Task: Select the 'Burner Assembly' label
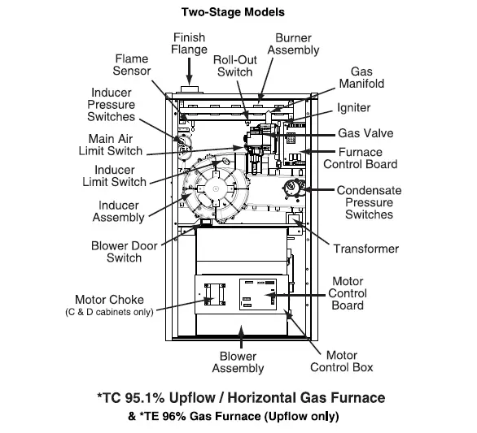(x=294, y=45)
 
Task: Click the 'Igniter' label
(x=355, y=108)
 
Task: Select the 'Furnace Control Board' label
(x=368, y=158)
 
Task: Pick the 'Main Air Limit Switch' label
(x=110, y=145)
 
